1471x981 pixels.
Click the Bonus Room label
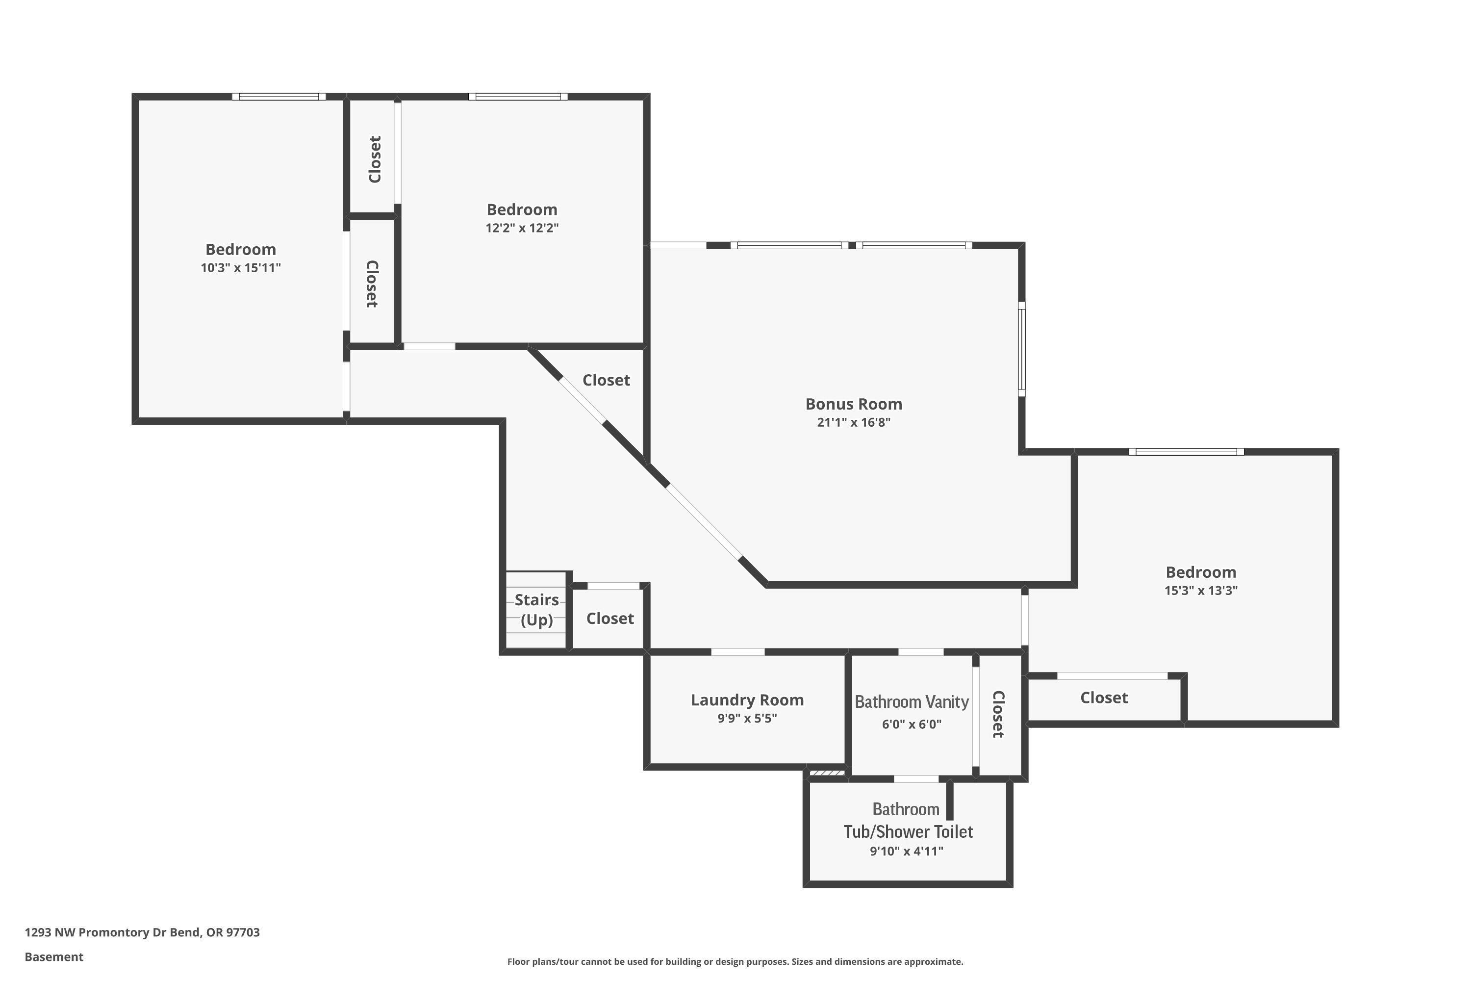pyautogui.click(x=853, y=404)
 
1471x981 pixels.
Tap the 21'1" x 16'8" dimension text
pyautogui.click(x=853, y=422)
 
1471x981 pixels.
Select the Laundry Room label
pyautogui.click(x=747, y=700)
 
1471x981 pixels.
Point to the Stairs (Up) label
pyautogui.click(x=536, y=609)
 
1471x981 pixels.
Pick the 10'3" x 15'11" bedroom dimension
pyautogui.click(x=240, y=268)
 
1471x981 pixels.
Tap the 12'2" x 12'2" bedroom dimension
pyautogui.click(x=522, y=228)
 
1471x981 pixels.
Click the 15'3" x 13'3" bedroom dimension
pyautogui.click(x=1200, y=590)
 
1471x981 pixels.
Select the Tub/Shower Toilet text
pyautogui.click(x=908, y=831)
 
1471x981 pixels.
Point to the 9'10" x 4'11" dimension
pyautogui.click(x=906, y=851)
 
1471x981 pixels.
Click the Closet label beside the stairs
pyautogui.click(x=610, y=618)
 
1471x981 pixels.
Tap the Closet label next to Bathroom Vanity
pyautogui.click(x=998, y=715)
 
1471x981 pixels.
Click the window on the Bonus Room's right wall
pyautogui.click(x=1021, y=349)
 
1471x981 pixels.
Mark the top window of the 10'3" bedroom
pyautogui.click(x=279, y=96)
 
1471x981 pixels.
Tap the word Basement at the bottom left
pyautogui.click(x=54, y=956)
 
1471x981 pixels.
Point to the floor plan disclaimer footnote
pyautogui.click(x=735, y=961)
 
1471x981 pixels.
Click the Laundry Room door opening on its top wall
pyautogui.click(x=737, y=652)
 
